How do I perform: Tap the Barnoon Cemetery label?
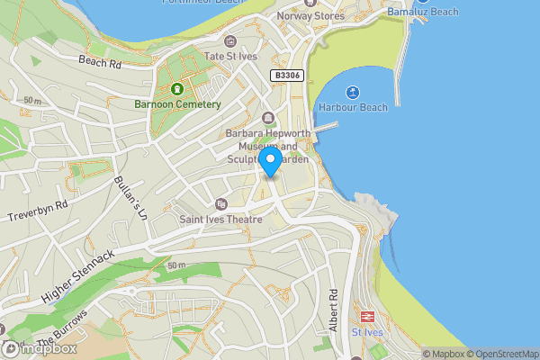pos(177,104)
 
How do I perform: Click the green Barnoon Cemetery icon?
pos(177,89)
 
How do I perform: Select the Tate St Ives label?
pos(231,56)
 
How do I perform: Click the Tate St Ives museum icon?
pos(230,40)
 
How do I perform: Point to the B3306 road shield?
pos(288,77)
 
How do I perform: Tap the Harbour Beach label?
pos(352,107)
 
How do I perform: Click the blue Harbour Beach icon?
pos(351,92)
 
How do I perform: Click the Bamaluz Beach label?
pos(422,12)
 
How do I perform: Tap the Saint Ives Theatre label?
pos(220,219)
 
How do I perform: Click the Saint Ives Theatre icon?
pos(221,204)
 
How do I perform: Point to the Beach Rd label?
pos(99,62)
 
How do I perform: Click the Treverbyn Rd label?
pos(38,211)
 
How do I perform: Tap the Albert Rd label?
pos(333,308)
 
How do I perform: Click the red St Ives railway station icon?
pos(367,316)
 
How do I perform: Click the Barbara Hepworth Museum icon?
pos(267,118)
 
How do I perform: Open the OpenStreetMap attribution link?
pos(507,354)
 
